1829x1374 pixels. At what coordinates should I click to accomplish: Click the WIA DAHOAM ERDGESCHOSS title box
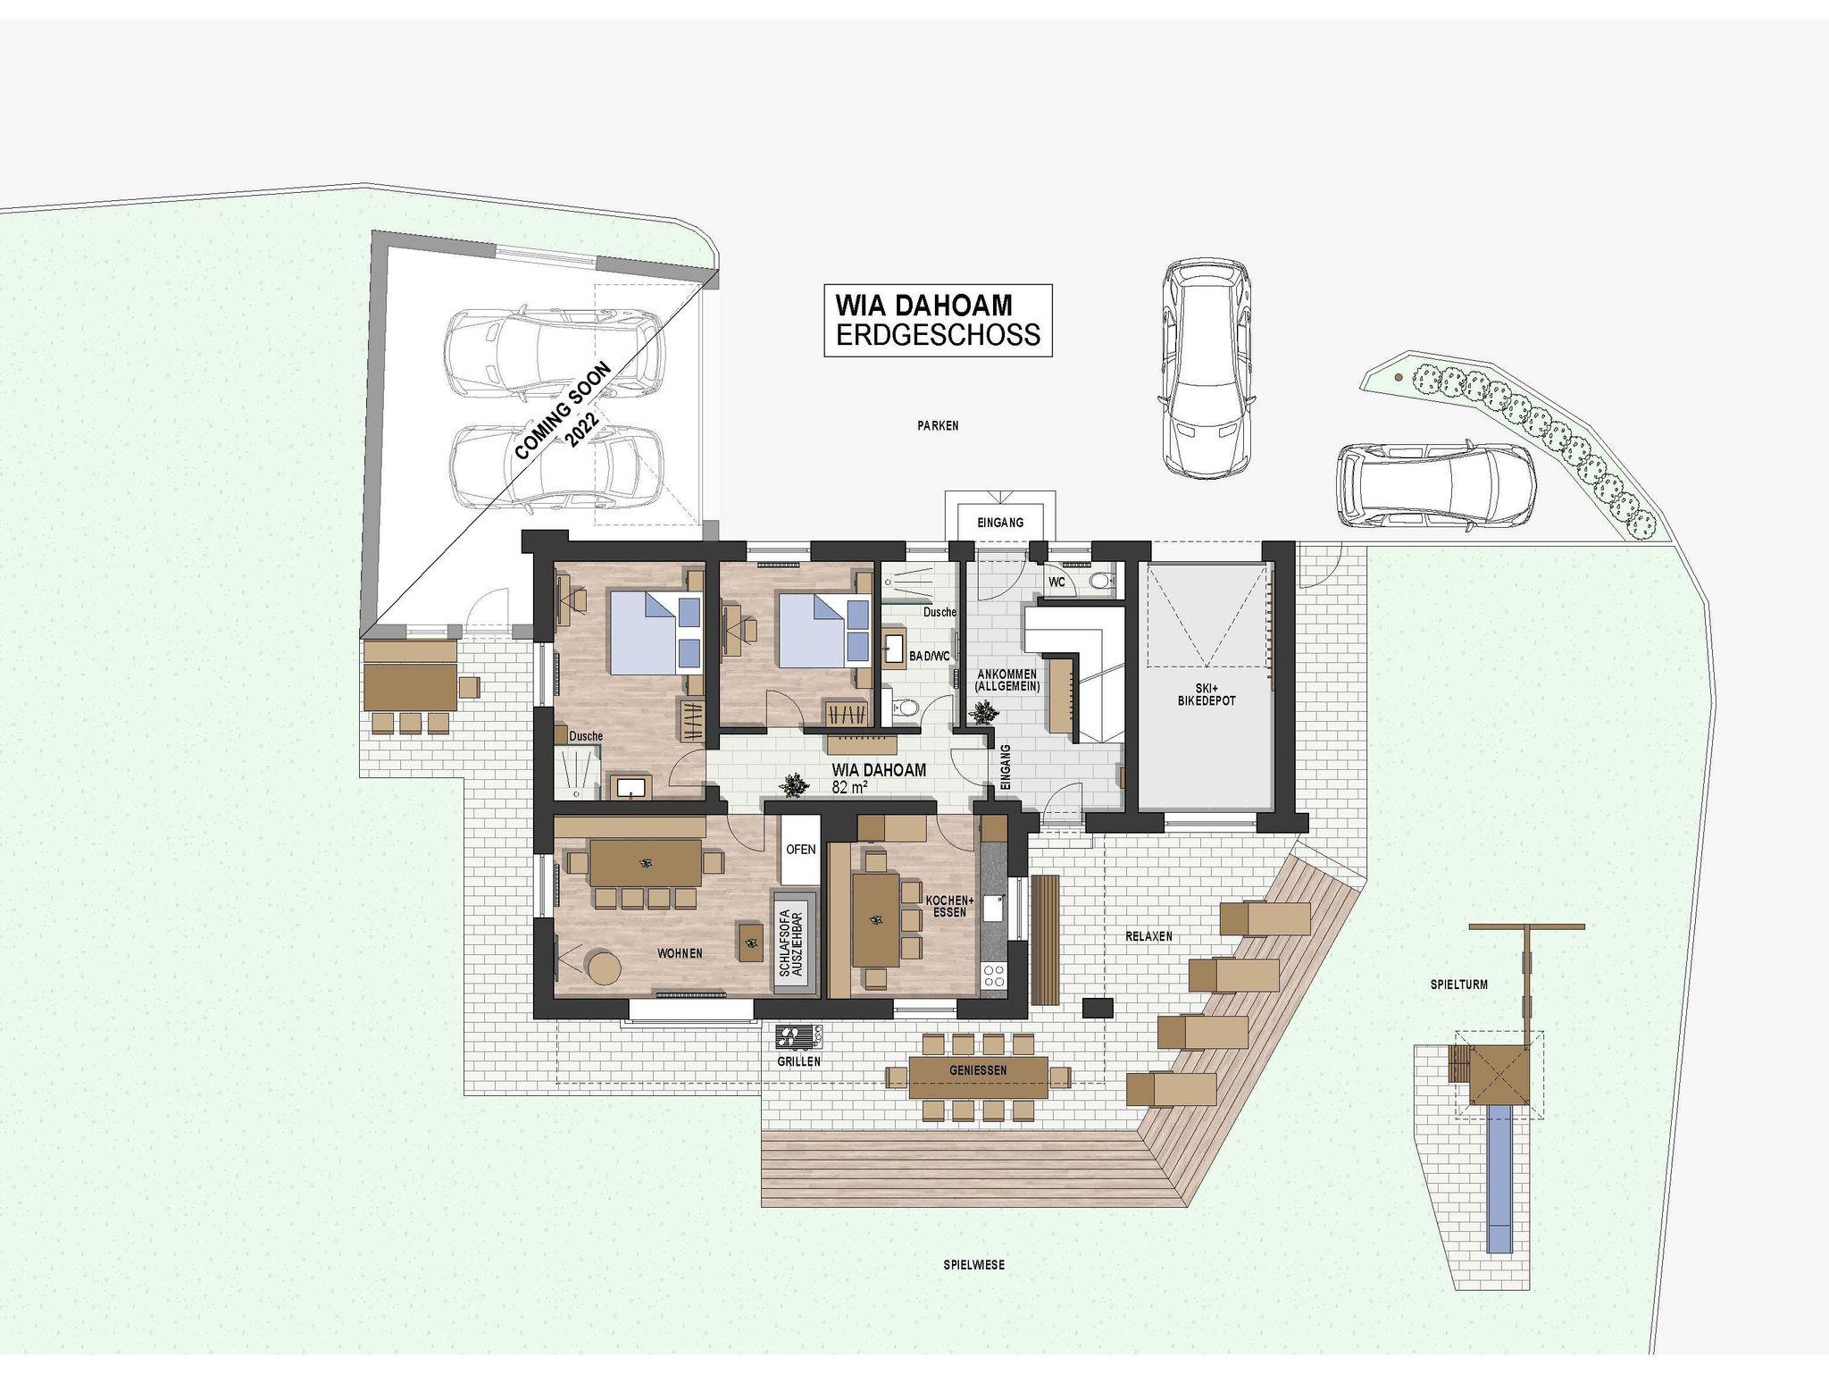[x=938, y=321]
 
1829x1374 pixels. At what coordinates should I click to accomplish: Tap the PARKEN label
[x=938, y=426]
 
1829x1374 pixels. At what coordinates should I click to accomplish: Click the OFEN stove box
[x=800, y=850]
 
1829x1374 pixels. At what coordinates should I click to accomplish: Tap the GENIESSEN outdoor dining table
[x=979, y=1077]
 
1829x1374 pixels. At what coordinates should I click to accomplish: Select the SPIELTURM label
[x=1458, y=985]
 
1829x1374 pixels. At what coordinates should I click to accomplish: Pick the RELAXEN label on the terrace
[x=1148, y=936]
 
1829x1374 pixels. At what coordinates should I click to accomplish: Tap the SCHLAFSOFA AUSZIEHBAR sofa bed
[x=795, y=943]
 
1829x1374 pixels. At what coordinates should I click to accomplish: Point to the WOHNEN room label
[x=680, y=953]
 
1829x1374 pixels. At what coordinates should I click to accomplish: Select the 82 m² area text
[x=850, y=787]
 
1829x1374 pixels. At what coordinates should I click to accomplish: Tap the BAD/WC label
[x=930, y=656]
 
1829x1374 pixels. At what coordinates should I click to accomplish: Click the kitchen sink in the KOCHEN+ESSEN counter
[x=994, y=909]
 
